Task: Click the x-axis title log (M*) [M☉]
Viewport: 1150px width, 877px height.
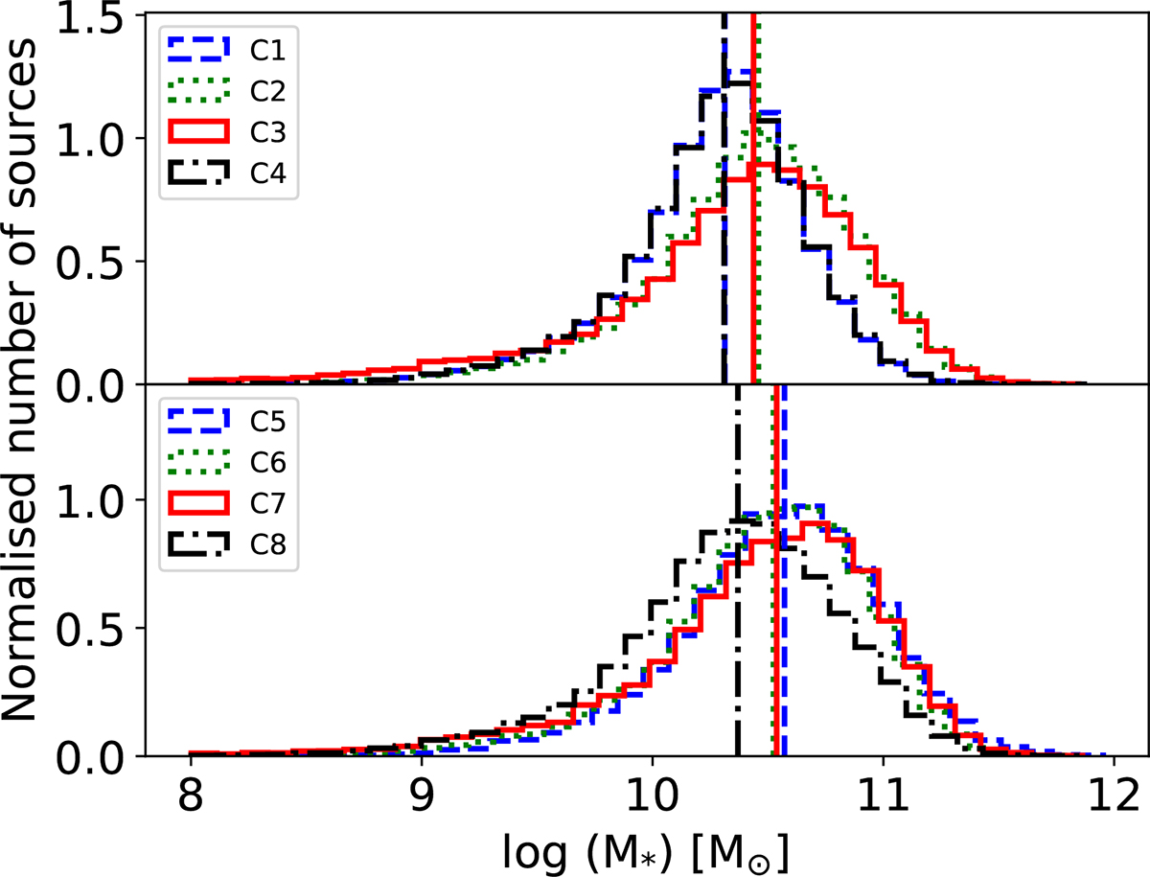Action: coord(651,849)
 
